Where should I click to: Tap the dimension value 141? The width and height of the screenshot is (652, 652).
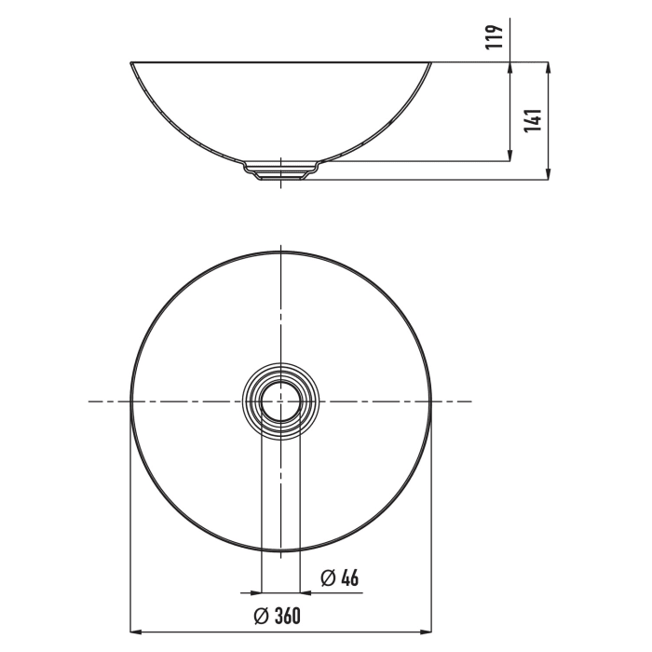tap(533, 120)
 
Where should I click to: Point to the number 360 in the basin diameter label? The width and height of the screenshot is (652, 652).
tap(293, 615)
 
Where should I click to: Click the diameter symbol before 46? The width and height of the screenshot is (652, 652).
tap(326, 578)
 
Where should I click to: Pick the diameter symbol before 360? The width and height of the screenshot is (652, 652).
tap(263, 615)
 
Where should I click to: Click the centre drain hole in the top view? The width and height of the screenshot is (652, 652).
tap(280, 401)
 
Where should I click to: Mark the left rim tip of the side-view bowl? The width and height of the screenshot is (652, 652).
tap(129, 63)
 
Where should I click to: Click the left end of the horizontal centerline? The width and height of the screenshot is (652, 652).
tap(89, 401)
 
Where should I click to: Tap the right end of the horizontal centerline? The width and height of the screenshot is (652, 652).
tap(471, 401)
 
